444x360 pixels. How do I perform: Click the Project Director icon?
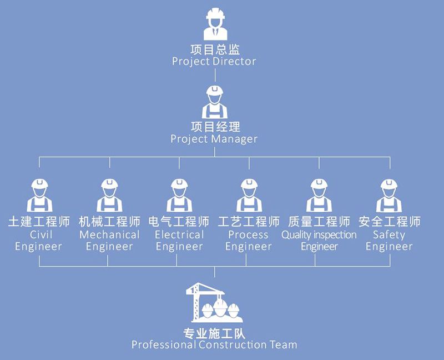coord(214,24)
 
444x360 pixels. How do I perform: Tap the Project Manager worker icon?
coord(214,102)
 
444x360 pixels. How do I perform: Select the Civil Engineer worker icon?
coord(39,194)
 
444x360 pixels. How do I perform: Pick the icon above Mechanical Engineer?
coord(109,194)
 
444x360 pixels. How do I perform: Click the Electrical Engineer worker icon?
coord(179,194)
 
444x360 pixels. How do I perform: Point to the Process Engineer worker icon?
coord(249,194)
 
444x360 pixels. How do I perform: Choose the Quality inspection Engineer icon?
coord(319,194)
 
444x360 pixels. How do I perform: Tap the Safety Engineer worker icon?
coord(389,194)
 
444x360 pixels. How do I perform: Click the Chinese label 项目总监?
coord(214,49)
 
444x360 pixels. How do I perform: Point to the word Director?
coord(234,61)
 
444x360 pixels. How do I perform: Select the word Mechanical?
coord(109,234)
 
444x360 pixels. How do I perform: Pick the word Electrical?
coord(179,234)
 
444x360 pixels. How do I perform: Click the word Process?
coord(249,234)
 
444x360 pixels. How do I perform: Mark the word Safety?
coord(389,234)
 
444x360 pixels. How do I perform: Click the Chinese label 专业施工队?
coord(214,333)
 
